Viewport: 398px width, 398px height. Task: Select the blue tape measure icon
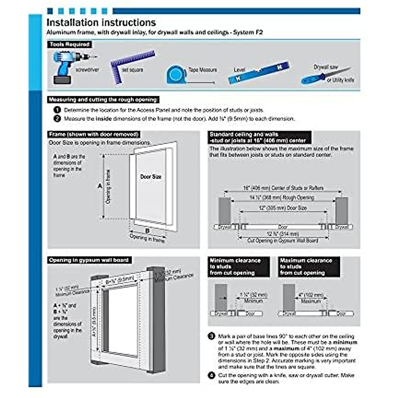175,75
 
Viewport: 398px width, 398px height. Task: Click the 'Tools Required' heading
70,44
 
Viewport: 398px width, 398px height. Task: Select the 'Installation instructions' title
101,23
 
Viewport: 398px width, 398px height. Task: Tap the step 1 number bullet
57,110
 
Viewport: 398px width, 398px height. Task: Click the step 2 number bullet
57,118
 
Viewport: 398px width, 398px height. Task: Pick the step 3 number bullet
212,336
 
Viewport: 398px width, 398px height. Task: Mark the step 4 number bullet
212,375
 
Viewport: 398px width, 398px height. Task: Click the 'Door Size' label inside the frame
151,177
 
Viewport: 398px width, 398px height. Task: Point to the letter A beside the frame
99,186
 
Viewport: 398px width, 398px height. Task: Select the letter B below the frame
147,231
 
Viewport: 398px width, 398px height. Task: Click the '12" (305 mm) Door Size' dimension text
283,208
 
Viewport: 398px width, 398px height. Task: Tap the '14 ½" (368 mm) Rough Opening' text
282,198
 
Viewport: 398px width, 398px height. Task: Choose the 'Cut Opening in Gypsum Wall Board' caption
283,240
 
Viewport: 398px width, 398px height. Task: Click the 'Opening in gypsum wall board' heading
89,260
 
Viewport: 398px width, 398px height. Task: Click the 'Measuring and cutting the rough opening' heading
103,99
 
